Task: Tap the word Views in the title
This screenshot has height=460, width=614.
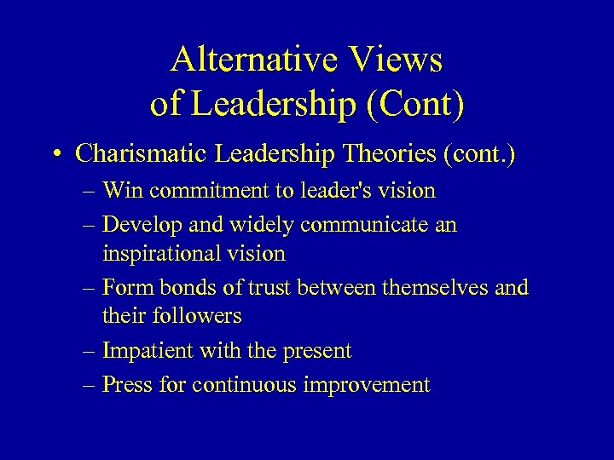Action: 397,60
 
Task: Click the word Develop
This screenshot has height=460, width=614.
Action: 142,226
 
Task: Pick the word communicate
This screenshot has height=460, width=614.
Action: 359,226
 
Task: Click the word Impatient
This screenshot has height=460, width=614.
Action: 148,350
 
